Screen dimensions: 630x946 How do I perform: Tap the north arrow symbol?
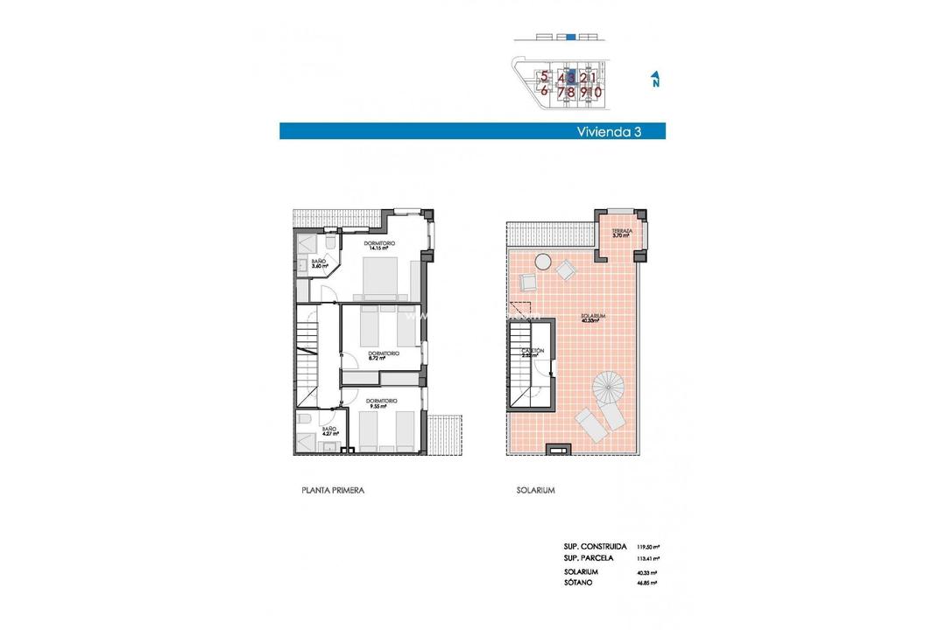click(654, 80)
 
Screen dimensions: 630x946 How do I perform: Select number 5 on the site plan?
click(544, 77)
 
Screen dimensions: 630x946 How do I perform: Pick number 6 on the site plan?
click(544, 90)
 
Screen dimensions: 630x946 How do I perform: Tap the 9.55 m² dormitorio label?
click(379, 403)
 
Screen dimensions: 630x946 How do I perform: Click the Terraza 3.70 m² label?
click(623, 234)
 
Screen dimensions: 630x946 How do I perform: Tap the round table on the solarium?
click(544, 261)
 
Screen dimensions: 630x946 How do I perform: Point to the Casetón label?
click(533, 353)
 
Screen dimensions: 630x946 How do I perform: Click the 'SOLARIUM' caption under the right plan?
click(535, 491)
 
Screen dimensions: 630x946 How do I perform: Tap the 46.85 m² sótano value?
click(648, 582)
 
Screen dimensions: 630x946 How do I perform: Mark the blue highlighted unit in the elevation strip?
click(571, 38)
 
